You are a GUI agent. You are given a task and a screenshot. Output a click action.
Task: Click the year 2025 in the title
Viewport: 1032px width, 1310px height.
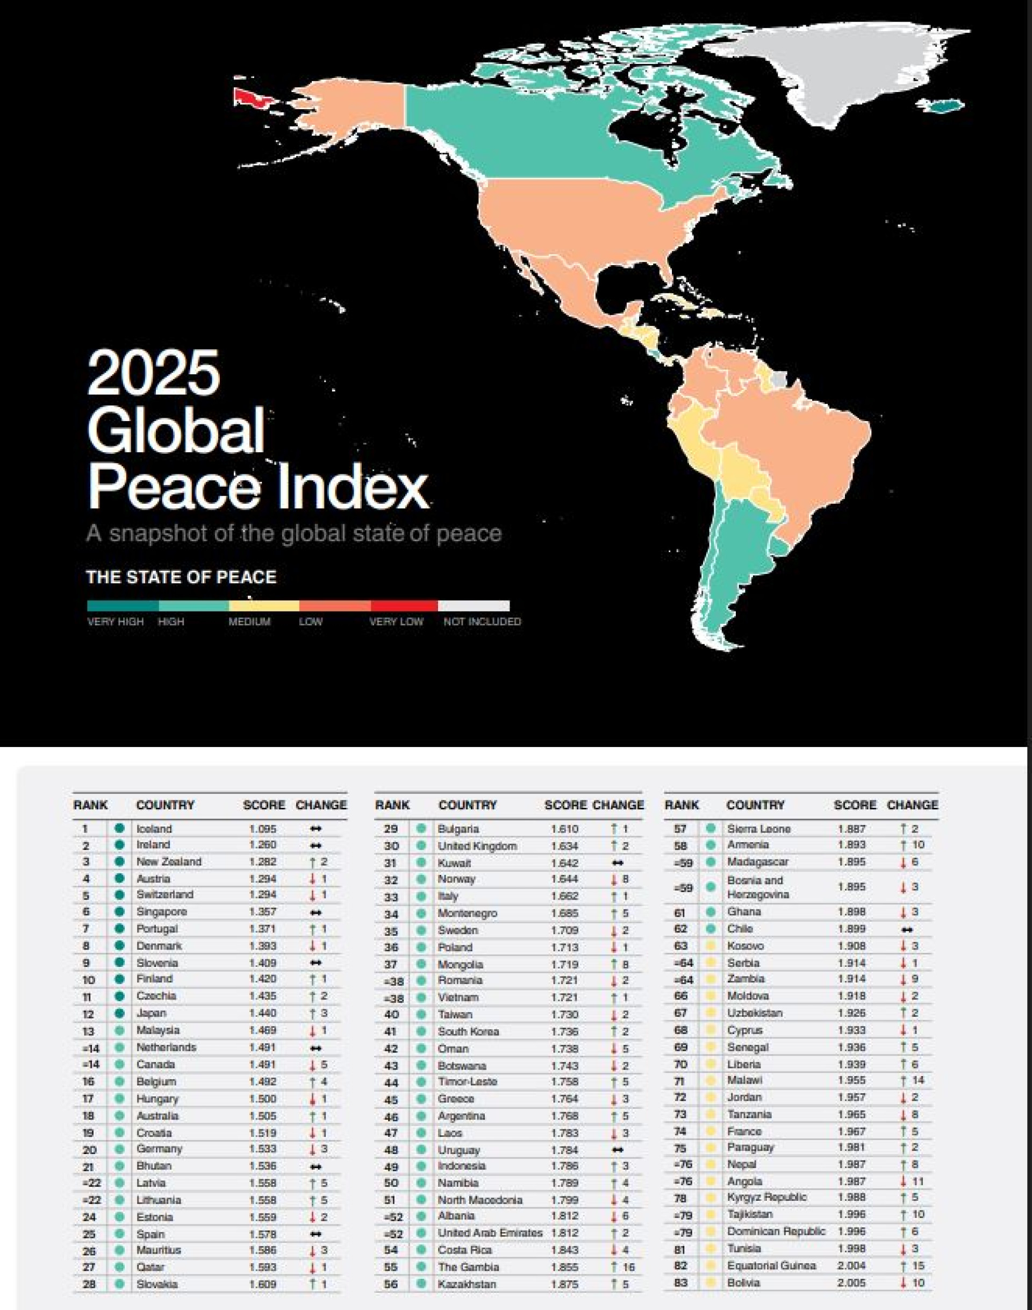tap(154, 373)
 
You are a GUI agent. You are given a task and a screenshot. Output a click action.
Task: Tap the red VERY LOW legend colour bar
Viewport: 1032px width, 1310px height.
tap(404, 606)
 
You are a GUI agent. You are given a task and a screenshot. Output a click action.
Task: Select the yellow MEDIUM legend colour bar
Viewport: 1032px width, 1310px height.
tap(264, 606)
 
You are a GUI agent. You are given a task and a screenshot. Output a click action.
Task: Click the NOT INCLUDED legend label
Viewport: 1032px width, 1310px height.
tap(482, 622)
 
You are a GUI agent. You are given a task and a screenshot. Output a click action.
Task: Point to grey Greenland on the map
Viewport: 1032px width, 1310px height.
tap(834, 73)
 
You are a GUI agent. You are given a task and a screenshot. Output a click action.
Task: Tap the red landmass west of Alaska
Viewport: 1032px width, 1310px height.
tap(252, 97)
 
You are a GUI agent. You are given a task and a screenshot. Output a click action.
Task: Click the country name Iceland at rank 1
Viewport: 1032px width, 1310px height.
tap(154, 829)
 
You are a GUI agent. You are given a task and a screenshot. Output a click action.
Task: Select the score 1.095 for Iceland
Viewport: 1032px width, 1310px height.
tap(263, 829)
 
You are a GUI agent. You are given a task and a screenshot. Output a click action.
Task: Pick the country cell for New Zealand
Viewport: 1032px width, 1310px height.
tap(169, 862)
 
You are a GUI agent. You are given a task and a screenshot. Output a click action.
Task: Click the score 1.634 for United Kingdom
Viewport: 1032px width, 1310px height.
tap(564, 846)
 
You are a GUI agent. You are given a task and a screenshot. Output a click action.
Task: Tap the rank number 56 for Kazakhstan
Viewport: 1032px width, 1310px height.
tap(391, 1284)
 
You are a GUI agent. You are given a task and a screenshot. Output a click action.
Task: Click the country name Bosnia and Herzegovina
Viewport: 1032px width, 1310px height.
tap(758, 887)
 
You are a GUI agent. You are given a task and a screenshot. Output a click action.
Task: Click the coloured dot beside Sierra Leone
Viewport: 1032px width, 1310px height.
tap(711, 828)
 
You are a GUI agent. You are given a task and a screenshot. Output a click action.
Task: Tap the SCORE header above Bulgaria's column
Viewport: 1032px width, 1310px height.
tap(565, 805)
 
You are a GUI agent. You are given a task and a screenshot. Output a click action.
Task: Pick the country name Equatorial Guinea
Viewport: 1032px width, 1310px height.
tap(771, 1265)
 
